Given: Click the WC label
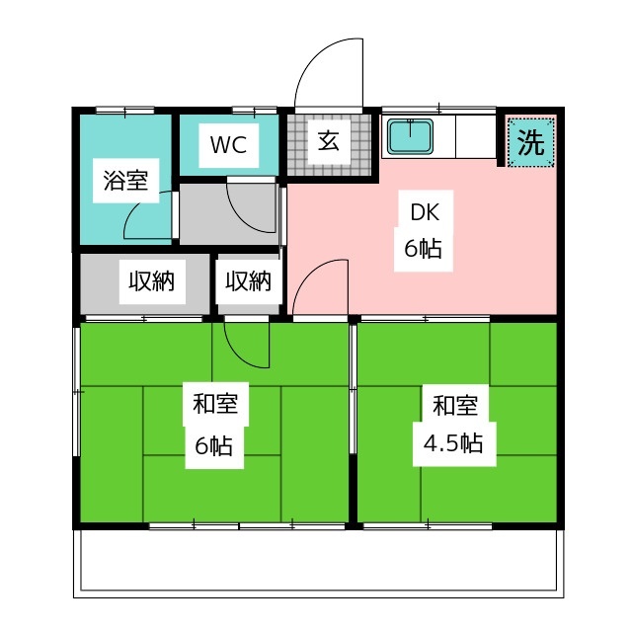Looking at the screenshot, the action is coord(227,145).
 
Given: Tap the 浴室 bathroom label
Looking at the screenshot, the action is coord(125,181).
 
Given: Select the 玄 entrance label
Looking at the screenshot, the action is coord(329,141).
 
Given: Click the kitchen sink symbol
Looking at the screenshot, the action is coord(413,136).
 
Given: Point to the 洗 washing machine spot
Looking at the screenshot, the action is coord(531,143).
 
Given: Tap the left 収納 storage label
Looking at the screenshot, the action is coord(150,281).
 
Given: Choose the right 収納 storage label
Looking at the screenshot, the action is coord(247,281).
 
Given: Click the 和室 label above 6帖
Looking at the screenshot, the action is coord(214,404).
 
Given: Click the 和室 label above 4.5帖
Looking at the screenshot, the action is coord(455,404).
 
